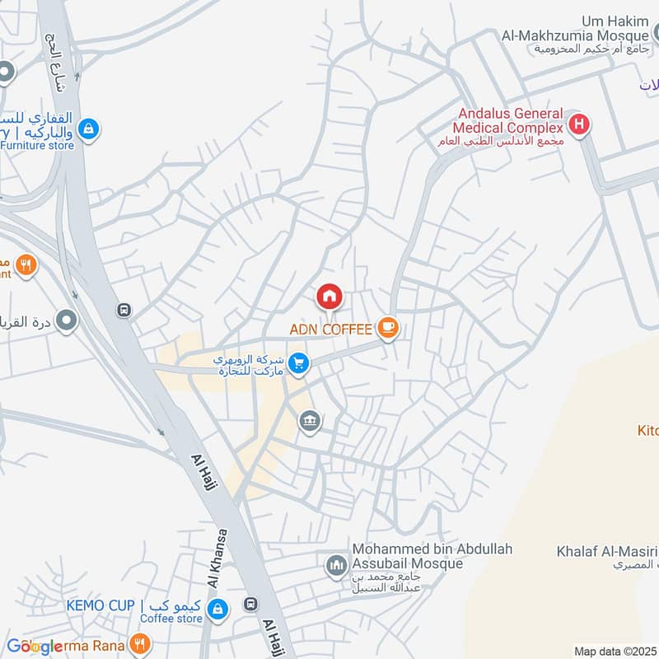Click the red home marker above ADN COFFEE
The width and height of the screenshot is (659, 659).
point(329,297)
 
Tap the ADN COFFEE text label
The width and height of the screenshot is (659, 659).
point(330,329)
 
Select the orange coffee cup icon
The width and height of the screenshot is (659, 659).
point(387,329)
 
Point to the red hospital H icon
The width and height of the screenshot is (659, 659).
point(580,126)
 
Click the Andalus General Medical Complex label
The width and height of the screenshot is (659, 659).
point(508,120)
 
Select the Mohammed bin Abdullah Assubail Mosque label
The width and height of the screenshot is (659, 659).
point(408,557)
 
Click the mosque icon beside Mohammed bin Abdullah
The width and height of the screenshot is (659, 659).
point(335,565)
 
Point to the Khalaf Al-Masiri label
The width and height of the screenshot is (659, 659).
point(605,551)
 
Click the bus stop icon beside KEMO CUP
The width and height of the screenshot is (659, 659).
point(250,605)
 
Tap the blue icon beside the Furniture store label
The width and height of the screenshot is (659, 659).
point(89,129)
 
